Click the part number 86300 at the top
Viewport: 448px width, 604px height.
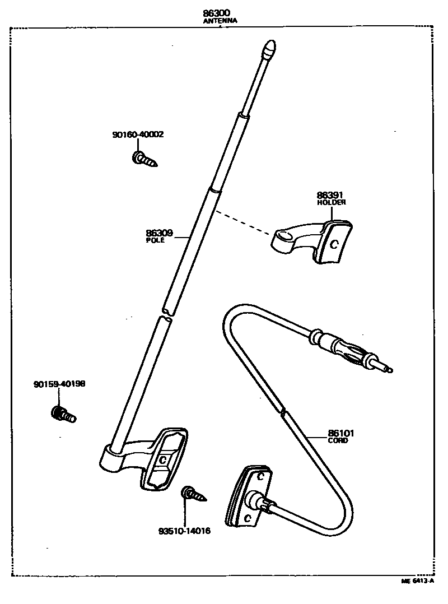pos(220,12)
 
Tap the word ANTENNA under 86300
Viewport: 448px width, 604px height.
pos(220,21)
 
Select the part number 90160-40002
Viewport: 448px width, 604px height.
pos(138,134)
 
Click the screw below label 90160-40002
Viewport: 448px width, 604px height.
pos(144,160)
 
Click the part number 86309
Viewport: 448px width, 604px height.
pos(159,233)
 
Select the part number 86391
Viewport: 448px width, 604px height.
pos(330,195)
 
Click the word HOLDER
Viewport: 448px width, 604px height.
pos(331,202)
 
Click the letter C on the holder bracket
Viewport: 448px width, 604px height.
pos(334,244)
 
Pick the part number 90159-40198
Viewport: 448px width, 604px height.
pos(59,384)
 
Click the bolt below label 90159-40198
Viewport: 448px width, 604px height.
pos(62,415)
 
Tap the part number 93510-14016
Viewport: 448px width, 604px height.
pos(184,531)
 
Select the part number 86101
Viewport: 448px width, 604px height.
pos(340,433)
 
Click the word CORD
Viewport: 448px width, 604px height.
pos(338,440)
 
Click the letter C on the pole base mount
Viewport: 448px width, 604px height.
pos(162,459)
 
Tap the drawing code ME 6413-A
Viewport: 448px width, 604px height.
pos(417,581)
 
